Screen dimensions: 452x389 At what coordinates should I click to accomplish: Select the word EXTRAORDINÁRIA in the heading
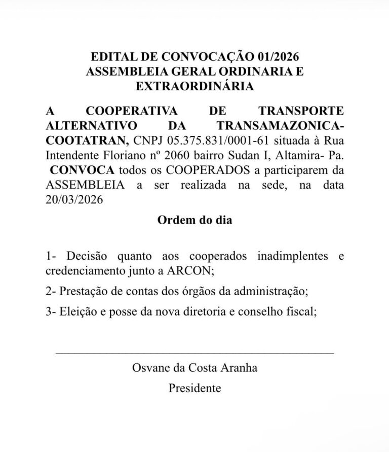click(x=194, y=86)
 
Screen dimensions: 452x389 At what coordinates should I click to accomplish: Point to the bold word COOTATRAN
click(x=87, y=140)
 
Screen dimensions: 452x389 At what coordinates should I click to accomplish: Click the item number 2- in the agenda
click(x=50, y=292)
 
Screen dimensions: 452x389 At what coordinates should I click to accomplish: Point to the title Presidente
click(x=194, y=389)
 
